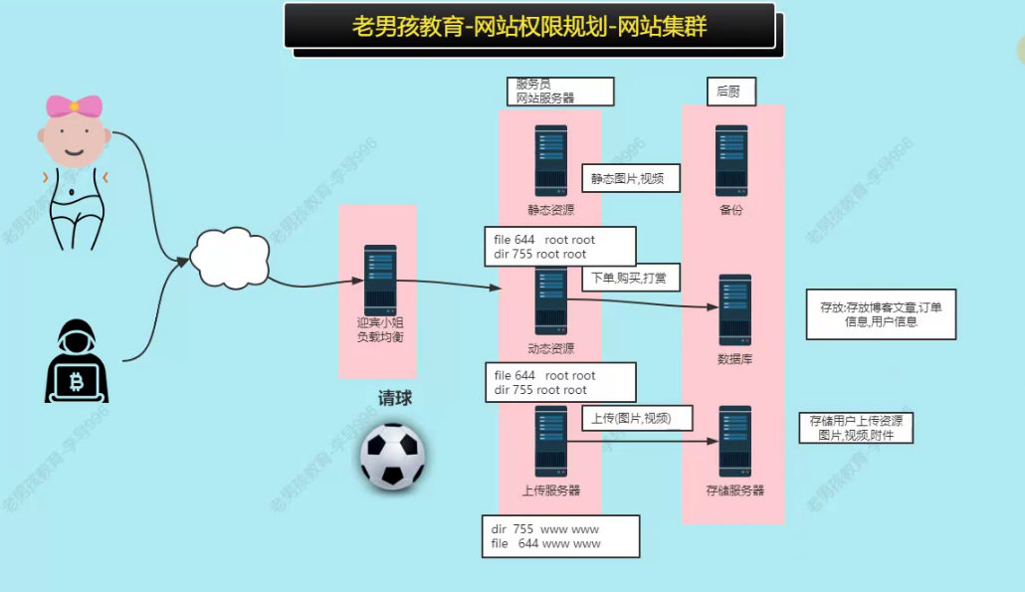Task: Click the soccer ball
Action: tap(393, 457)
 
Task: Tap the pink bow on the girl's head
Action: tap(75, 105)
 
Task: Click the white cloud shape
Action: tap(229, 256)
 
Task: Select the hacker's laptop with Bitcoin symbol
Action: tap(77, 379)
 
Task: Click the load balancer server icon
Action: tap(380, 280)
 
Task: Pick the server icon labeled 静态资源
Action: tap(550, 159)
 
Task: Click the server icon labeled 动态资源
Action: tap(550, 301)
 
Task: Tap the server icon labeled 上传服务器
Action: tap(550, 441)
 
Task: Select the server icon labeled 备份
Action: tap(731, 159)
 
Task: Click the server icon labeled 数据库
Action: tap(734, 309)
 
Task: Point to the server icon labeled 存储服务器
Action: tap(734, 441)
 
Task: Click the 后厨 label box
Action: tap(731, 93)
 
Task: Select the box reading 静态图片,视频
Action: tap(630, 178)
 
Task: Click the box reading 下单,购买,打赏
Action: tap(630, 278)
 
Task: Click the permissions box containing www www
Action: tap(559, 536)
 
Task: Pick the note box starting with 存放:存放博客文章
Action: tap(881, 314)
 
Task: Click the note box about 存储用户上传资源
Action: tap(855, 428)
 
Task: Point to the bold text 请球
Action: tap(394, 398)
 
